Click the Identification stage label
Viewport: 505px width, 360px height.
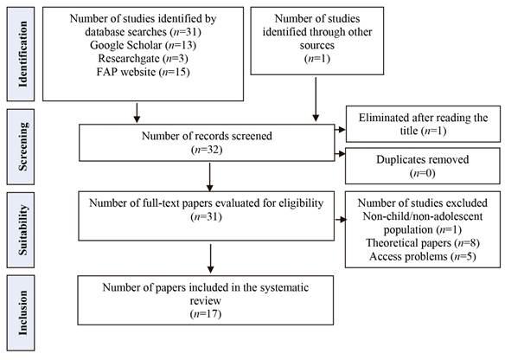point(22,55)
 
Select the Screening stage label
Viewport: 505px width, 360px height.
point(22,146)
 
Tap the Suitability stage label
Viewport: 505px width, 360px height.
point(22,230)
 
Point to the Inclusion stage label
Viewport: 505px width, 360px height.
point(22,312)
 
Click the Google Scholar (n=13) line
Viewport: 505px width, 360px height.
point(143,45)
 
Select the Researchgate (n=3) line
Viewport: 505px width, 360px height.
point(143,58)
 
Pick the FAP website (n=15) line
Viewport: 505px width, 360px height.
point(143,72)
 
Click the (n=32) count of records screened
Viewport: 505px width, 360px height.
point(207,150)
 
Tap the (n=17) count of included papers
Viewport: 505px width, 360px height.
point(206,314)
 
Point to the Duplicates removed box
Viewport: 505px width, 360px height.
point(423,166)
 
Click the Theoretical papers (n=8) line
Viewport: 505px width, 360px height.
point(423,242)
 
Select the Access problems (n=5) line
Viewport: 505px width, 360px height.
point(423,256)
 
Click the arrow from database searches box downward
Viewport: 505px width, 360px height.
point(137,112)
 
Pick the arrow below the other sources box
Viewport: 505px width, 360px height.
point(316,100)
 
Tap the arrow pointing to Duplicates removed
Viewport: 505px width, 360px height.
point(340,154)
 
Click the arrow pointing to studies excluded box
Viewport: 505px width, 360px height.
point(341,220)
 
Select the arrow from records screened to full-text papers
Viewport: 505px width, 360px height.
point(209,177)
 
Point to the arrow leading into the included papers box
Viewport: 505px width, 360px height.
point(210,259)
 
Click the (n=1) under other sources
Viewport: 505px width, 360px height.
point(317,59)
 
